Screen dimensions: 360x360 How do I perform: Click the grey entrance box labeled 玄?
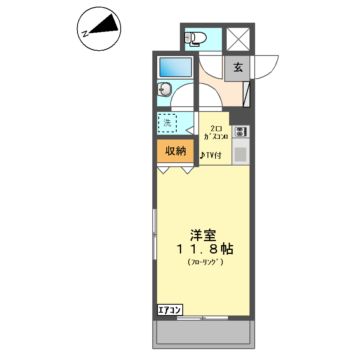coord(238,68)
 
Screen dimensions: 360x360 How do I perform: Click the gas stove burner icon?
coord(242,132)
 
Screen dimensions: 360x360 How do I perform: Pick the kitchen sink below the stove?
coord(241,154)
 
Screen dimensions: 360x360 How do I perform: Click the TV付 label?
coord(212,154)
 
